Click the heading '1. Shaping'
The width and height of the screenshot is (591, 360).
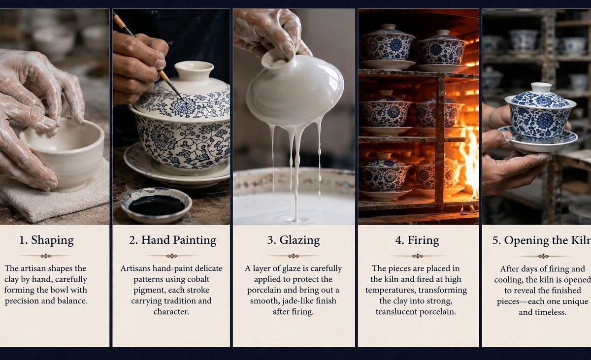(46, 240)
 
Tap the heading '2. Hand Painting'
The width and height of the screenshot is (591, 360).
(172, 240)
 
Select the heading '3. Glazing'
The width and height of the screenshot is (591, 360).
(294, 240)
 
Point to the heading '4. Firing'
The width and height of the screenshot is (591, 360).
(417, 240)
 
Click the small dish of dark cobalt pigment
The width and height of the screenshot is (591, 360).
(157, 205)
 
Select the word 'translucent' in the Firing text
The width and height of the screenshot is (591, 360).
(396, 312)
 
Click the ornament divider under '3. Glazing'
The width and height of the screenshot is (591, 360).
(294, 256)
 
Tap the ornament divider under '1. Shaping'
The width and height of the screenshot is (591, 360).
(46, 256)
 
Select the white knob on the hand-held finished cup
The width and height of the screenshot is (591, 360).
(541, 88)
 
